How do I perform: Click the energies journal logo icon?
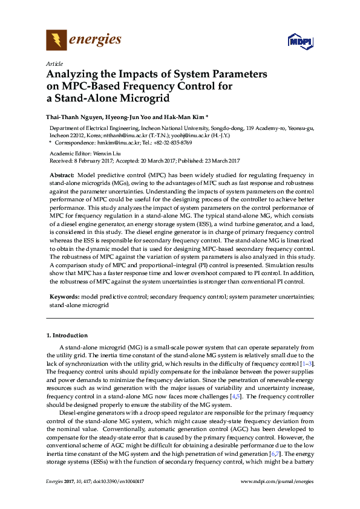pyautogui.click(x=57, y=41)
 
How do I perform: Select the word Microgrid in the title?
pyautogui.click(x=144, y=98)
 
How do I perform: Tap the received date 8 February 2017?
pyautogui.click(x=94, y=161)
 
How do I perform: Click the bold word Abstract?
pyautogui.click(x=62, y=174)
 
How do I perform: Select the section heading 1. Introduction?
pyautogui.click(x=67, y=335)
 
